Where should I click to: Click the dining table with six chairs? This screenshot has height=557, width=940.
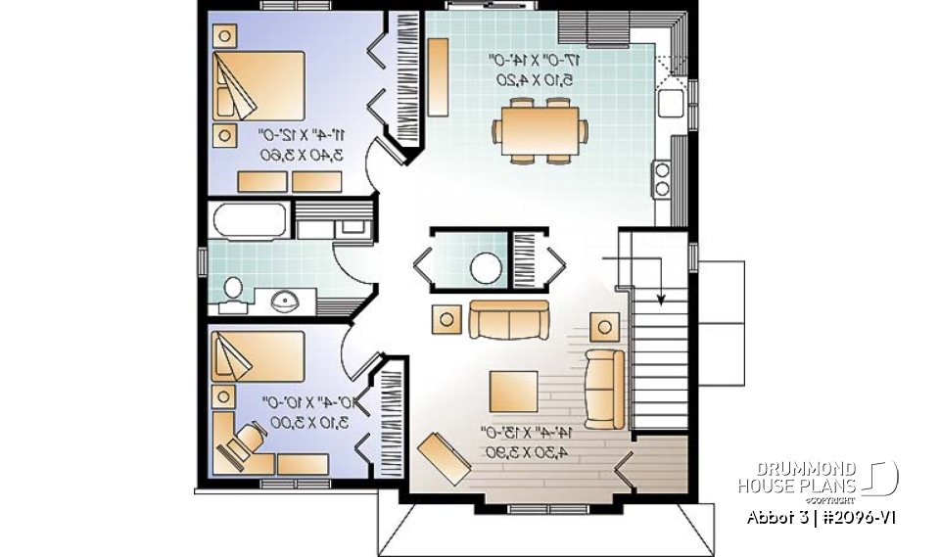(541, 127)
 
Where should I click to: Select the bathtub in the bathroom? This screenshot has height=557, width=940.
(250, 221)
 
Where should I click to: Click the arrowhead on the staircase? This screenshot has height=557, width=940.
(662, 301)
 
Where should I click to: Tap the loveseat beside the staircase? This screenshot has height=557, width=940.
(604, 388)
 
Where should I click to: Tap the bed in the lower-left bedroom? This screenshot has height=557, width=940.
(258, 356)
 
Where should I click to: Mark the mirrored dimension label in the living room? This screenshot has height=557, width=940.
(521, 441)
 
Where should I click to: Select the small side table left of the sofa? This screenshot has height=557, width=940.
(446, 318)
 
